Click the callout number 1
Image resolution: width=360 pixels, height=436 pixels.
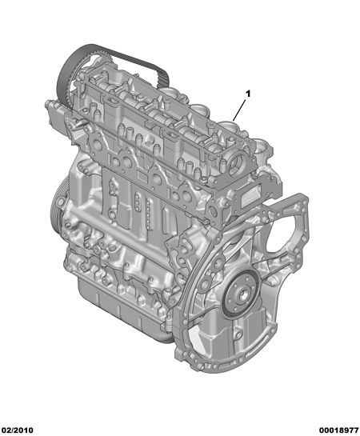248,94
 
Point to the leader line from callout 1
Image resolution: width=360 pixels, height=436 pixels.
239,110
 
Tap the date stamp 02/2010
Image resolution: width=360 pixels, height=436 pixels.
17,430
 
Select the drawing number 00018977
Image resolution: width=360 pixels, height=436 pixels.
338,430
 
